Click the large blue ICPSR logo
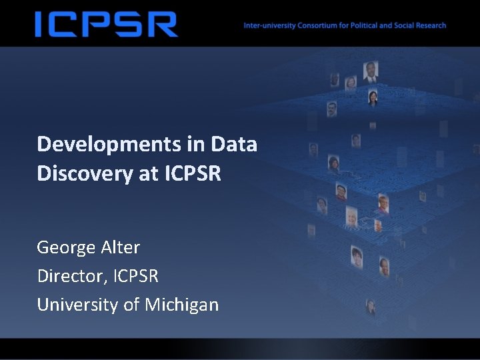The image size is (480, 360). (106, 24)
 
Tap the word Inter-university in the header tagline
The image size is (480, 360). (265, 26)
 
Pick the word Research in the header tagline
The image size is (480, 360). (431, 26)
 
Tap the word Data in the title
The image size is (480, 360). (234, 144)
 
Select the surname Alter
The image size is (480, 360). (120, 247)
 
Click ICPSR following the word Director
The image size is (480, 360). (136, 275)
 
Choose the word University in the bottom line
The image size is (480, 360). (79, 305)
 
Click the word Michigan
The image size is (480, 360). (181, 305)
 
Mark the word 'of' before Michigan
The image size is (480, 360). (132, 305)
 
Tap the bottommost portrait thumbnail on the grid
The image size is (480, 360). (371, 307)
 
